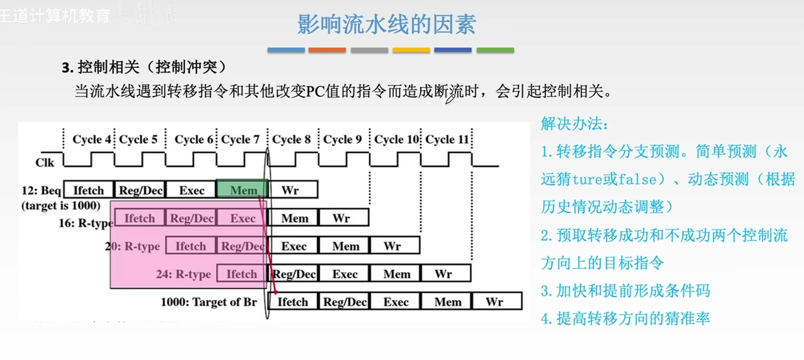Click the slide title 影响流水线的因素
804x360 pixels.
tap(387, 24)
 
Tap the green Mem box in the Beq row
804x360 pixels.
tap(243, 190)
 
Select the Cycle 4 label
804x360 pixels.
tap(92, 139)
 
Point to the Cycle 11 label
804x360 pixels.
tap(447, 139)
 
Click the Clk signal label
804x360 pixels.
tap(44, 163)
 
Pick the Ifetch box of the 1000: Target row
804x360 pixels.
tap(293, 302)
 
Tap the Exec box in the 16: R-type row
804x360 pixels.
tap(242, 218)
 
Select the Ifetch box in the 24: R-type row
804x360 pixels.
tap(241, 274)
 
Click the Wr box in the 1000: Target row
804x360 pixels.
tap(495, 302)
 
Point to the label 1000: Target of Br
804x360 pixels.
tap(209, 302)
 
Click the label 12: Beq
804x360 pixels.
tap(41, 191)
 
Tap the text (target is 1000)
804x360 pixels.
tap(61, 206)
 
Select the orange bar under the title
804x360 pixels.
tap(327, 50)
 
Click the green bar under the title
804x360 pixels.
tap(495, 50)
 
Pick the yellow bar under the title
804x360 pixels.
tap(411, 50)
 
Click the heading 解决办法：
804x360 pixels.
tap(574, 124)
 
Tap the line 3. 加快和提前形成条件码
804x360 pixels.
tap(625, 291)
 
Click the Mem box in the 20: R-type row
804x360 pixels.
tap(346, 246)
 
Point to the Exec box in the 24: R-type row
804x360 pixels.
tap(345, 274)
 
